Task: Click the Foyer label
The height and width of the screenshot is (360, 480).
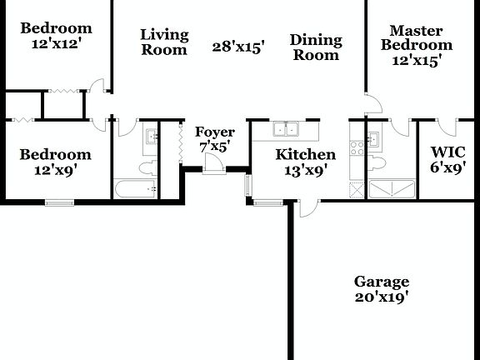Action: [214, 132]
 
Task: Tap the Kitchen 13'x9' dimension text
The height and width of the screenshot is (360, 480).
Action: [305, 170]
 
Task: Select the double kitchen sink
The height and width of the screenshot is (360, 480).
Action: [288, 129]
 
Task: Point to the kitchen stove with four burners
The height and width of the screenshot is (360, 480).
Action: [357, 148]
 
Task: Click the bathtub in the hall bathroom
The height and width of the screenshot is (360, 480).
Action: [135, 189]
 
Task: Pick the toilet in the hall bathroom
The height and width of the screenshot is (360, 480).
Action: [147, 168]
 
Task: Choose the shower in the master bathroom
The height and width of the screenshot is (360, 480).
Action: [392, 189]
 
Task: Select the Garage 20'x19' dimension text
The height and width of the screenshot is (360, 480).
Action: [382, 297]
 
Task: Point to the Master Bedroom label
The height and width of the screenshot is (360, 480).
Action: [416, 37]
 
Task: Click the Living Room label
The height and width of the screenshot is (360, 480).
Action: [164, 42]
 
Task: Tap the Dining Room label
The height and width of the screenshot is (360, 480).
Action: [316, 47]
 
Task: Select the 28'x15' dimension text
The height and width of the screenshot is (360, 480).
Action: [238, 47]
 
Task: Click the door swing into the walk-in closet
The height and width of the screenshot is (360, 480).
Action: [447, 127]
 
